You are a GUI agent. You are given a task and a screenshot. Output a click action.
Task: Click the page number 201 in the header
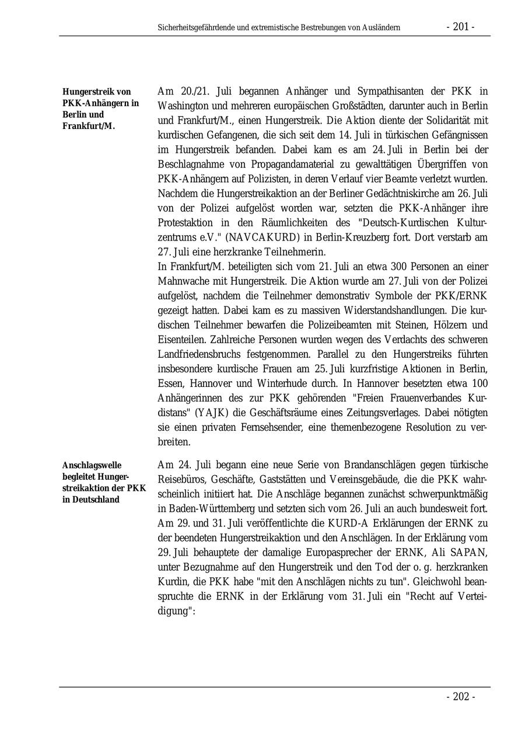pos(460,27)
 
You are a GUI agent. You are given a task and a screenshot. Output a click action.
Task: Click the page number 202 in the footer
pos(461,697)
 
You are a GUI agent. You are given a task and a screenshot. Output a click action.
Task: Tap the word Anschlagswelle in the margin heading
pos(92,465)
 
